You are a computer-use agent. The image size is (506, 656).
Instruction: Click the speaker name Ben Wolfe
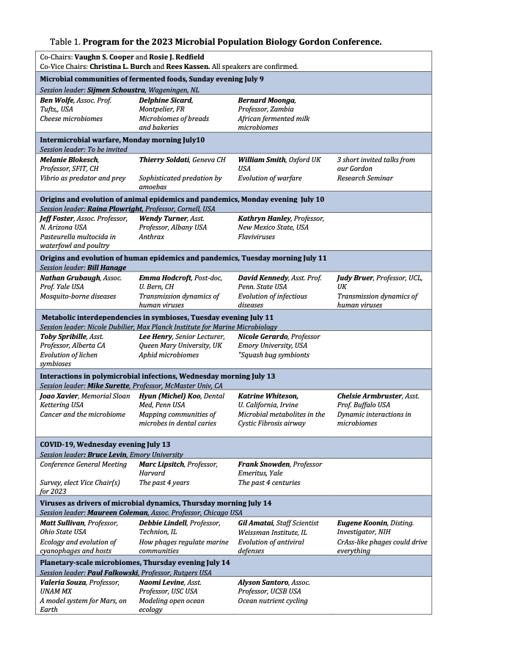56,100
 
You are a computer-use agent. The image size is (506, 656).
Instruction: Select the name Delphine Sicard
166,100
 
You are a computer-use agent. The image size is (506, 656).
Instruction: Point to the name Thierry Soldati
166,159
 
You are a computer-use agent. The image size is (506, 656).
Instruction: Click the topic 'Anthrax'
152,236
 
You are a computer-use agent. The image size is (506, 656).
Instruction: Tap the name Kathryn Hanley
264,218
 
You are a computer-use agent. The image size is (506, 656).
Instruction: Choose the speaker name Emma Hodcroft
165,278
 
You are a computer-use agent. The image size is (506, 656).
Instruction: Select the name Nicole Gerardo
263,336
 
